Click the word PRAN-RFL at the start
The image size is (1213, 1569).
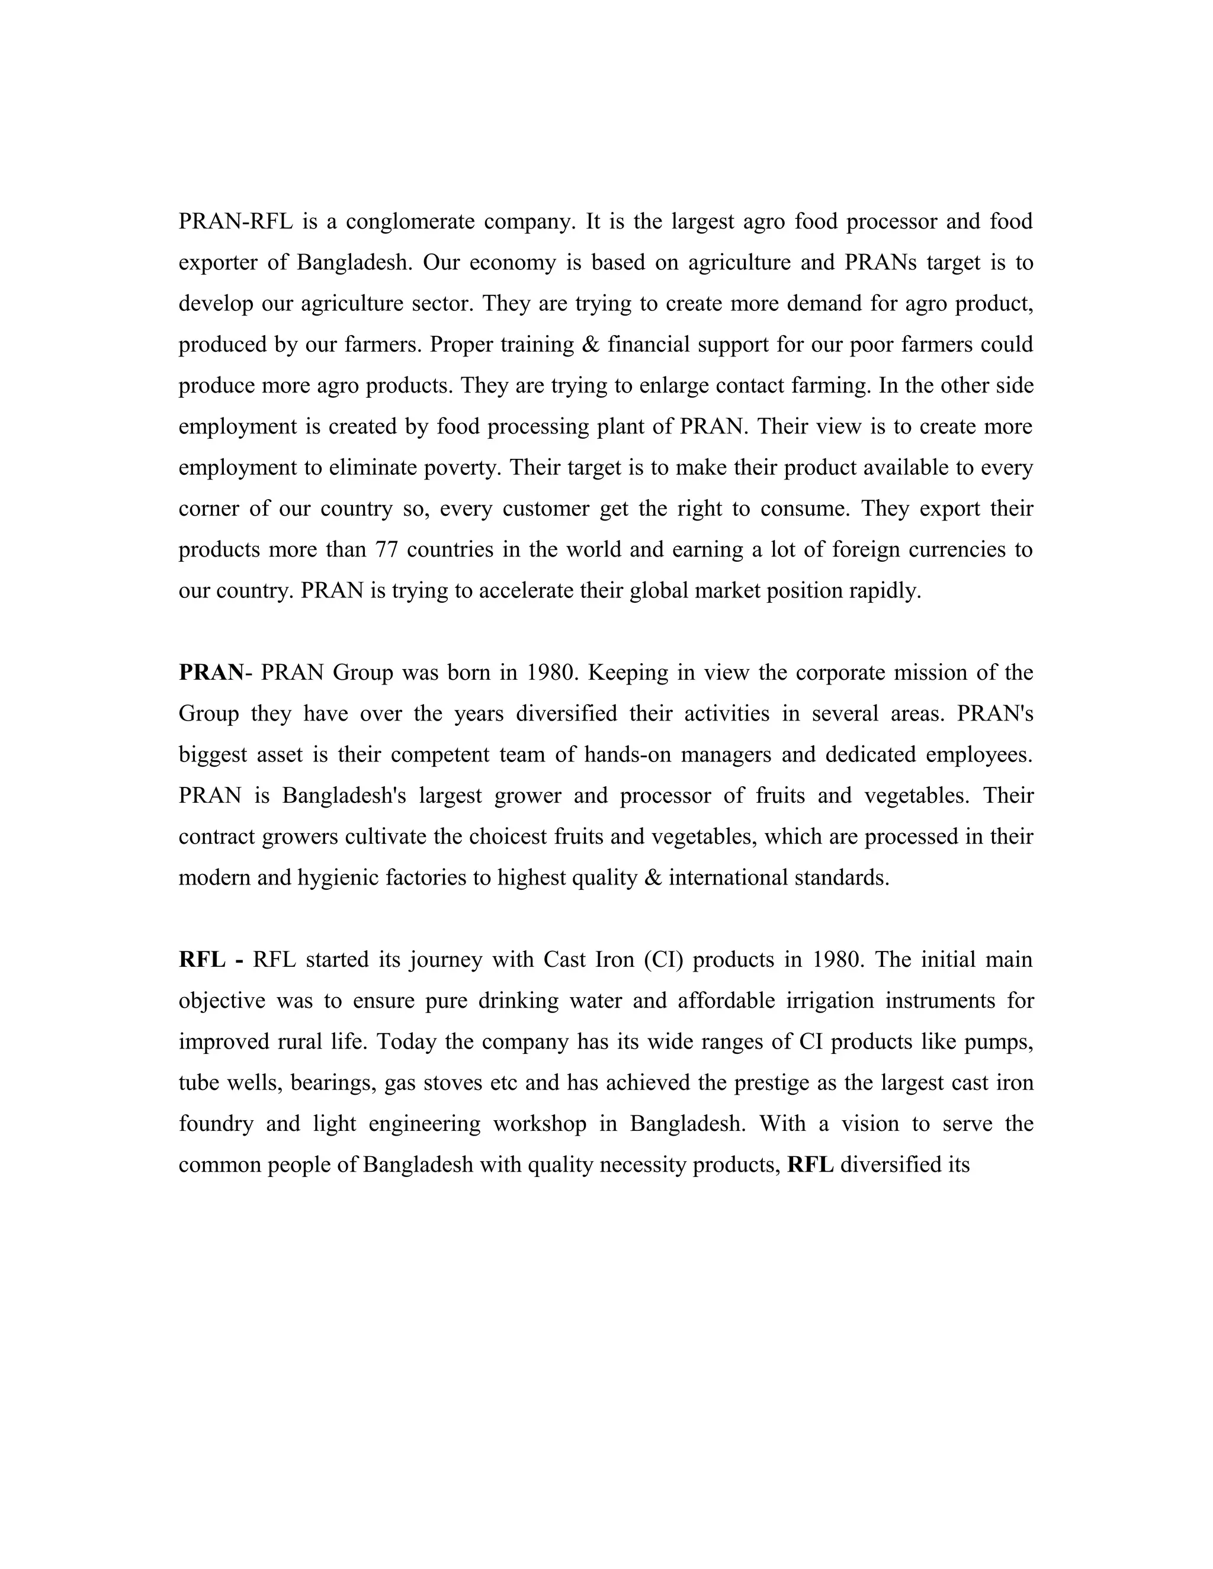tap(235, 221)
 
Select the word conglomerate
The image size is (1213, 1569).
tap(410, 221)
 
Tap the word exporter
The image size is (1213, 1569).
tap(218, 263)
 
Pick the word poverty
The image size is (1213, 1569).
tap(461, 468)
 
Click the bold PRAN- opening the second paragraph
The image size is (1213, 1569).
tap(215, 673)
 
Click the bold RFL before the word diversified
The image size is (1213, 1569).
tap(810, 1165)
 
